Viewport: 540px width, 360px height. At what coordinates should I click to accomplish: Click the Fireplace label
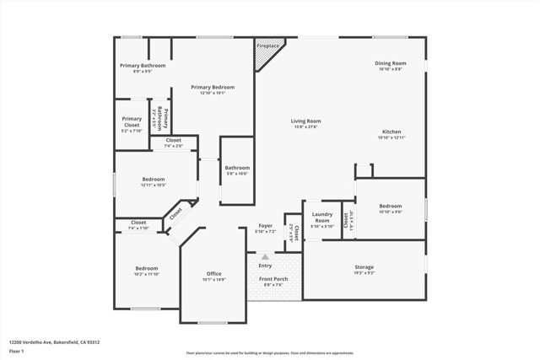click(269, 46)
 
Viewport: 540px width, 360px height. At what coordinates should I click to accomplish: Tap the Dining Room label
click(391, 63)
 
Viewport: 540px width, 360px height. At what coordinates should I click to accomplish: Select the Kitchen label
click(391, 132)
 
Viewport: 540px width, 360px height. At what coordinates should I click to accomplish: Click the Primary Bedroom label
click(212, 87)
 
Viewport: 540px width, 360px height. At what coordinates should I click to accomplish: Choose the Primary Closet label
click(132, 119)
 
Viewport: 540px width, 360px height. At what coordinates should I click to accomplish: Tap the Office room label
click(213, 273)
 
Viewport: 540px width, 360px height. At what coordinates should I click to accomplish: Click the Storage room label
click(364, 267)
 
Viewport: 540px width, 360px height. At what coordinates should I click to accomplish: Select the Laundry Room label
click(322, 218)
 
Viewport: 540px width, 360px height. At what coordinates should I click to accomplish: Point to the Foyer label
click(265, 225)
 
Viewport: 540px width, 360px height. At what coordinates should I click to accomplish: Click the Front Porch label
click(273, 279)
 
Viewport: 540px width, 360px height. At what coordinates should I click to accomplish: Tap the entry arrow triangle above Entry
click(265, 256)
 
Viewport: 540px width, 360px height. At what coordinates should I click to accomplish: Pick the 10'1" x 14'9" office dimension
click(213, 279)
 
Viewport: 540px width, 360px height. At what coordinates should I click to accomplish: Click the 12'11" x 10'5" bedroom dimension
click(153, 185)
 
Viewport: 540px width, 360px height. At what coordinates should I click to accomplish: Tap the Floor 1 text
click(16, 351)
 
